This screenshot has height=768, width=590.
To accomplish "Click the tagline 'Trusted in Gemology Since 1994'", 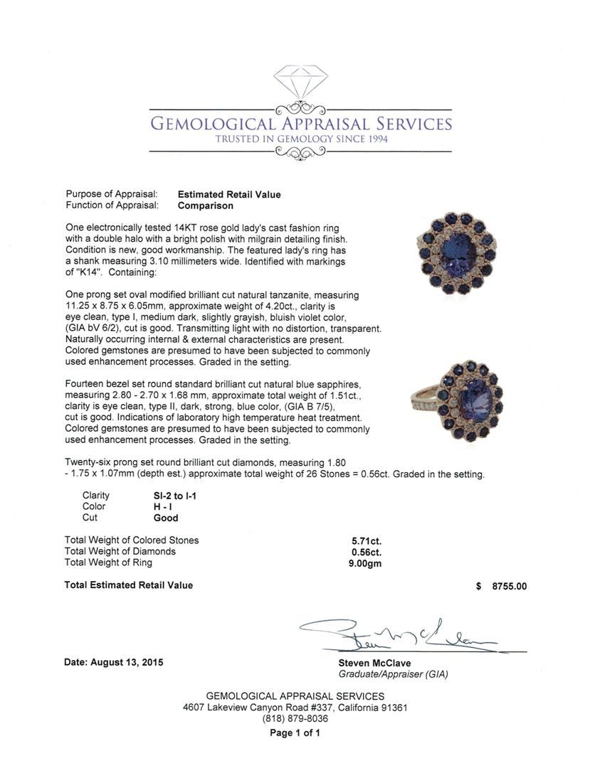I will (301, 139).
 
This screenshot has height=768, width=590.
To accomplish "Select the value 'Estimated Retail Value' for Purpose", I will (229, 195).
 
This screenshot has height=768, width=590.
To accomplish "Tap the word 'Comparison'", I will (206, 206).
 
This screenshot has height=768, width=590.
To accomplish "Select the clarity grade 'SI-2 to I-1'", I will (170, 495).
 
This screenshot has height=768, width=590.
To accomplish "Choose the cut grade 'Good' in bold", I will (166, 518).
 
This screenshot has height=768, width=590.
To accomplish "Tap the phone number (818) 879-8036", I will (295, 719).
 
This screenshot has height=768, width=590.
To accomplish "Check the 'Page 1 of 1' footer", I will (295, 732).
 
